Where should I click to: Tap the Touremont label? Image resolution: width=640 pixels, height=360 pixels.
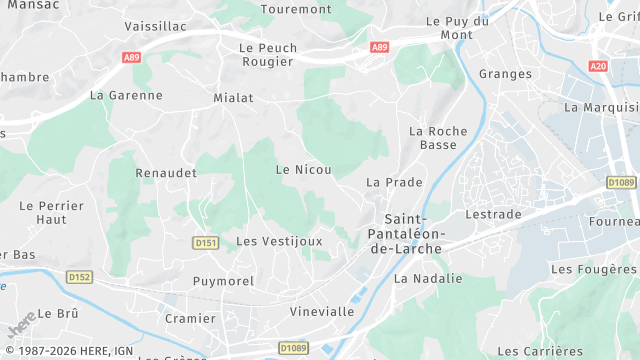click(x=295, y=9)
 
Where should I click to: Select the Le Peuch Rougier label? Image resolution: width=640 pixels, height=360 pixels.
click(x=267, y=54)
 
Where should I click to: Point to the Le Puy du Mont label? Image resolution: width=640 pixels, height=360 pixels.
click(x=457, y=27)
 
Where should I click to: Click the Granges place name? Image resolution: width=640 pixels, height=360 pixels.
click(x=504, y=74)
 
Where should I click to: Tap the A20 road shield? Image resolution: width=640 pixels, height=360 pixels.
click(x=599, y=66)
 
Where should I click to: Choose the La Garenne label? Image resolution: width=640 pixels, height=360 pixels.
click(x=126, y=96)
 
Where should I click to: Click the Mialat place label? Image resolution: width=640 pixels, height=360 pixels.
click(x=233, y=98)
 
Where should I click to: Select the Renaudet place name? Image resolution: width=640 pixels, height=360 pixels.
click(x=166, y=173)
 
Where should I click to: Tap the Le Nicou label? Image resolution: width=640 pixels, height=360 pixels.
click(x=303, y=170)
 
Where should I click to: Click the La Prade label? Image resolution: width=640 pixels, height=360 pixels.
click(x=394, y=182)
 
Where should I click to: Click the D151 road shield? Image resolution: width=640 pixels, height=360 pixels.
click(x=205, y=243)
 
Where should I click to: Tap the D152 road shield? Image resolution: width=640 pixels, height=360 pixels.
click(x=79, y=277)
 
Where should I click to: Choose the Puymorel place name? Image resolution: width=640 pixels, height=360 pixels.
click(x=223, y=281)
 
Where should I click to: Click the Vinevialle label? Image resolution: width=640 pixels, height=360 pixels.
click(x=322, y=311)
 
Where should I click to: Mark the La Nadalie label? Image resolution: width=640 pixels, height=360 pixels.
click(x=428, y=279)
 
